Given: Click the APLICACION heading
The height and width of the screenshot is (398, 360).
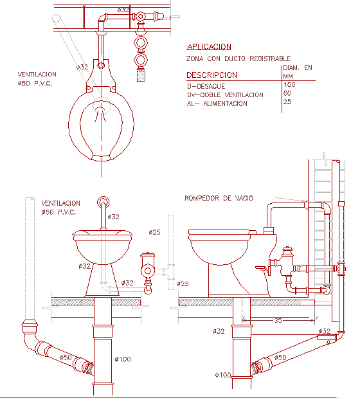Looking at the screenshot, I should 208,46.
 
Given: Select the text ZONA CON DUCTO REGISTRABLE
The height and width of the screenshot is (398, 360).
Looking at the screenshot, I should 239,59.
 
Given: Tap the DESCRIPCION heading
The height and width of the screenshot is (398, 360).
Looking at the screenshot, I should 212,75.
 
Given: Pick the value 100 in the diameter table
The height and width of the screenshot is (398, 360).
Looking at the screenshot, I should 289,85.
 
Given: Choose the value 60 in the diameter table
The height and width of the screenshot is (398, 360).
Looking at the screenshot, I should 287,93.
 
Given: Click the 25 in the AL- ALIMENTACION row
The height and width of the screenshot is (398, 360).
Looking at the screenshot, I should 287,102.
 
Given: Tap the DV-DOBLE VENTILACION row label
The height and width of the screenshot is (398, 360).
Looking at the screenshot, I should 225,95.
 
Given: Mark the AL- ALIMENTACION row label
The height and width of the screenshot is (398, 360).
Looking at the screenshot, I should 217,104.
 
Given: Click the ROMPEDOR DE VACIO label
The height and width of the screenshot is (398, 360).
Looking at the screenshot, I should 214,199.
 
